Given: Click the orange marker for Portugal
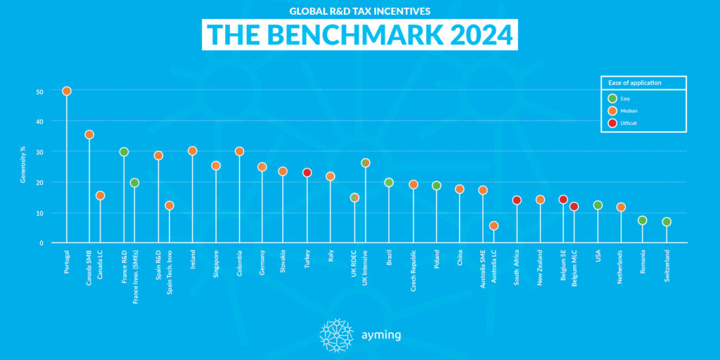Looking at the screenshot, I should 67,91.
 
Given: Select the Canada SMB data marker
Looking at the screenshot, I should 89,134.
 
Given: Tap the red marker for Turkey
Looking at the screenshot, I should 307,172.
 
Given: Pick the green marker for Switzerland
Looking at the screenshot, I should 667,221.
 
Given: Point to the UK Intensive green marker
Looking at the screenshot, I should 365,162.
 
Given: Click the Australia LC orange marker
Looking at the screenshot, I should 494,226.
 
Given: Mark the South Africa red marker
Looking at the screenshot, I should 517,200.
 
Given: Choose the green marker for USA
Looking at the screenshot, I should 598,205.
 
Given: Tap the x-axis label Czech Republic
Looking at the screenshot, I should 414,271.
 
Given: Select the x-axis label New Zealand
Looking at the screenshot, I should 541,268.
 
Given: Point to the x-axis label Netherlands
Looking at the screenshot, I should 621,267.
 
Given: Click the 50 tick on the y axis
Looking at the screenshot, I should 40,91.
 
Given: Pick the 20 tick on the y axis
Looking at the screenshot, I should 40,182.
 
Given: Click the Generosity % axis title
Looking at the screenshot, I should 22,167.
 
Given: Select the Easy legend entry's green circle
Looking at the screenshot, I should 612,98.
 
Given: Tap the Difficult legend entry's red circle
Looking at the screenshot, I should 612,123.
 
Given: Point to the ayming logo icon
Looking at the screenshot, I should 335,335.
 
